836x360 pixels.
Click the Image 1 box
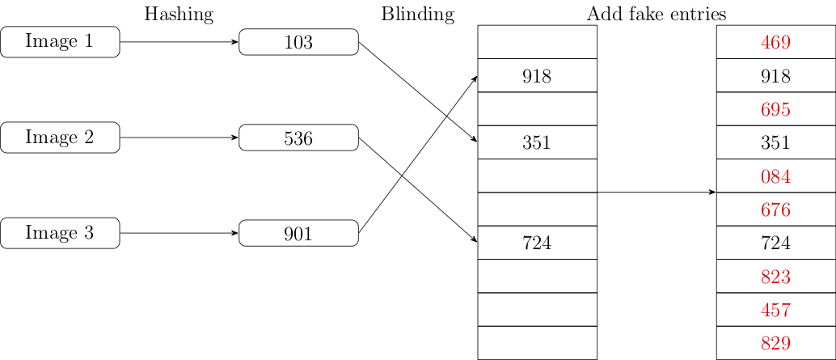[60, 42]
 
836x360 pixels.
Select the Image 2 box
[60, 138]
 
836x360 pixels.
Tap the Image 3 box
[60, 234]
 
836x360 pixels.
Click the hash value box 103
[298, 42]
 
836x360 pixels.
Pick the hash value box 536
[298, 138]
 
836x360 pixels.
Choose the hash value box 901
[298, 234]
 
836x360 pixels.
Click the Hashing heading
[179, 14]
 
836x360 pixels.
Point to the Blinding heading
[417, 14]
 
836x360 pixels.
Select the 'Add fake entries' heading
[656, 14]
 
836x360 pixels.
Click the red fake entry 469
[775, 42]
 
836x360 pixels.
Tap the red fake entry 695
[775, 109]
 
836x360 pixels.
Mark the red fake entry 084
[775, 176]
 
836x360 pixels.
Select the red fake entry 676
[775, 210]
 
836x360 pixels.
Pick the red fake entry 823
[775, 277]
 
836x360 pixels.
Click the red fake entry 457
[775, 310]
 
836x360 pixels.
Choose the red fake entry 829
[775, 343]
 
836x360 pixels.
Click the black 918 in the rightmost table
[775, 76]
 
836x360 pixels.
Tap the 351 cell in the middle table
[537, 142]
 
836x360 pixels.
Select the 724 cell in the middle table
[537, 243]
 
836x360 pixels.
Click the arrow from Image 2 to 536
[179, 138]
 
